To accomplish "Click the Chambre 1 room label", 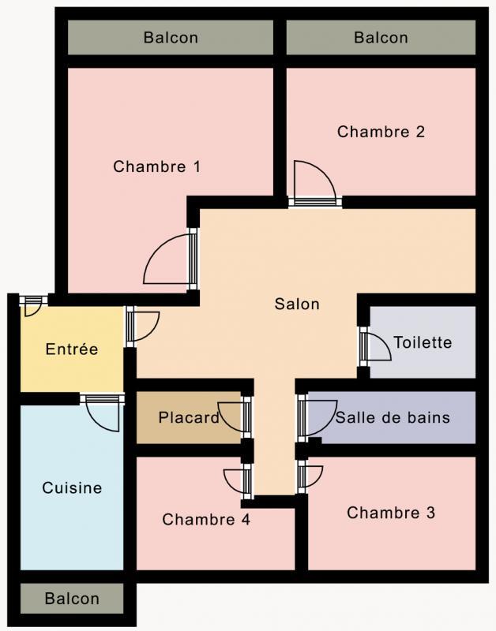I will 156,166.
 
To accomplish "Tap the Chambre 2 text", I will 381,132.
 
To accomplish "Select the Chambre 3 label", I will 391,513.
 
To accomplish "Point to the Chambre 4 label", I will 206,520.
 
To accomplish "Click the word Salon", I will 297,304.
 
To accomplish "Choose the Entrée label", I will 72,349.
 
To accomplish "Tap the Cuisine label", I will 72,488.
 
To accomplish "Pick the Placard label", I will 189,417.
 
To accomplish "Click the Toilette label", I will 423,342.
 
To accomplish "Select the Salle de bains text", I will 393,417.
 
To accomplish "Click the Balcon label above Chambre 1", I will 171,37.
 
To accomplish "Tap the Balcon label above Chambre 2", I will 381,37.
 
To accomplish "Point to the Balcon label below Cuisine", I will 72,599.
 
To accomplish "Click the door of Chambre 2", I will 314,182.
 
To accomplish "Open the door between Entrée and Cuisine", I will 103,412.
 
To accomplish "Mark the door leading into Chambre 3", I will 310,476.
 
